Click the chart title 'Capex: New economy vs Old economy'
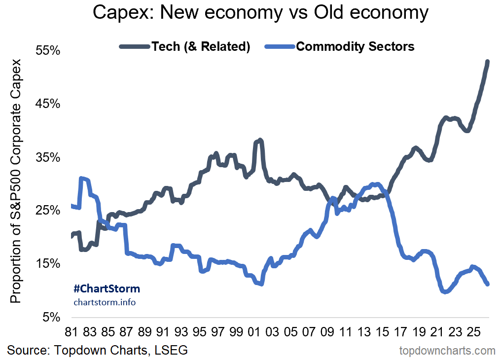pos(260,13)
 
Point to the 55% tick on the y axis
pos(48,50)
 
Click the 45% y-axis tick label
pos(48,104)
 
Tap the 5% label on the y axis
pos(51,317)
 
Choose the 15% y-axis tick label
pos(48,263)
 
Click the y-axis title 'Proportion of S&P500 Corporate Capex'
pos(15,181)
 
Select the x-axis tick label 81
pos(71,332)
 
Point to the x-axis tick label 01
pos(254,332)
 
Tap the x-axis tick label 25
pos(473,332)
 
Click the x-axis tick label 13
pos(364,332)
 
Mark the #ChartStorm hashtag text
pos(107,289)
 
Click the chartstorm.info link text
pos(105,302)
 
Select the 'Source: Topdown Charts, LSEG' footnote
pos(97,350)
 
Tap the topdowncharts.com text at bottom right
pos(447,351)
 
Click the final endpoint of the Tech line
pos(487,61)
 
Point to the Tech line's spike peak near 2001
pos(260,140)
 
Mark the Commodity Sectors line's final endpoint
pos(487,284)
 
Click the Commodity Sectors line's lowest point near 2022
pos(445,291)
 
